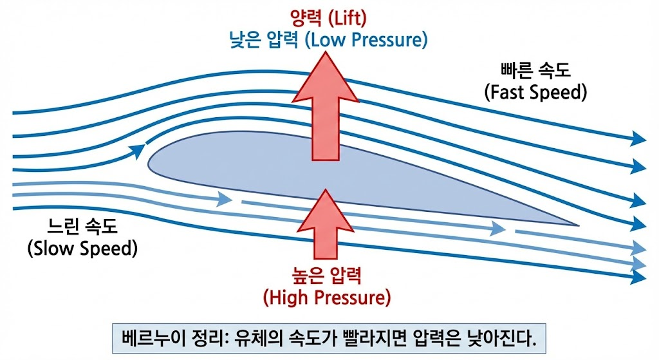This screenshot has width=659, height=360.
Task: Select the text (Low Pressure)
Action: (x=366, y=41)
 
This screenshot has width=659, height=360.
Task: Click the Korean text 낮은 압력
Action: (x=264, y=41)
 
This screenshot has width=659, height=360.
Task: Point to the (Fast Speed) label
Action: (x=535, y=92)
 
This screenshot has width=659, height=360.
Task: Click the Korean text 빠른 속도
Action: (x=535, y=70)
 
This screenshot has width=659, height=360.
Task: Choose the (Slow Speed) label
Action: (x=83, y=249)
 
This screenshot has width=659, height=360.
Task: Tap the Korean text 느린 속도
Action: (x=82, y=227)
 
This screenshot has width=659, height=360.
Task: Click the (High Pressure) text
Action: (x=327, y=298)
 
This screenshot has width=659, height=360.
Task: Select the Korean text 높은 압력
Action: (x=326, y=276)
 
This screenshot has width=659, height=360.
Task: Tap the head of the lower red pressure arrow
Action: (x=325, y=211)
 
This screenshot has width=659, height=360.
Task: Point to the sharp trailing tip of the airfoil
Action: (x=579, y=225)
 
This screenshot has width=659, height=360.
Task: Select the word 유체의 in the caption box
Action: (x=259, y=338)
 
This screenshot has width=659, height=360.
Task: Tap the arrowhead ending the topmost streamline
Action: (x=638, y=138)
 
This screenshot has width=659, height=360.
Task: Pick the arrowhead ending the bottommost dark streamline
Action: (x=638, y=277)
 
